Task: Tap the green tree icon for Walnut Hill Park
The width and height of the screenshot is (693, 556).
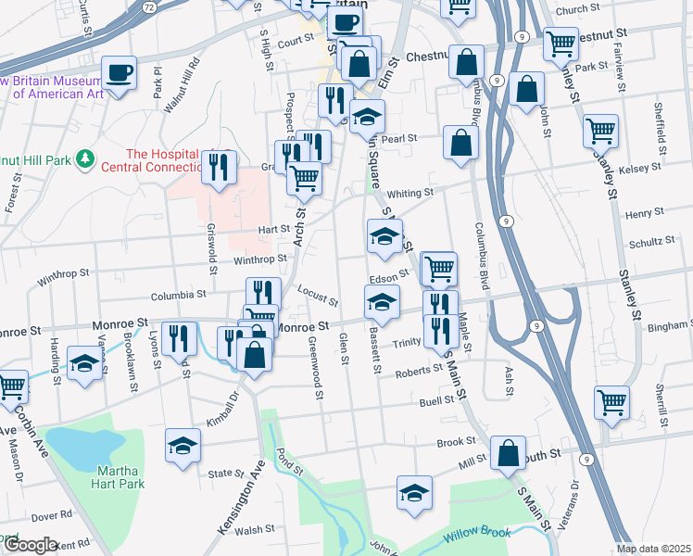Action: [85, 160]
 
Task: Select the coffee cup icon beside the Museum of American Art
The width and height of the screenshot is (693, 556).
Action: [120, 72]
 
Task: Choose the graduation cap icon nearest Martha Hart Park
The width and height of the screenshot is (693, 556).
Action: [183, 445]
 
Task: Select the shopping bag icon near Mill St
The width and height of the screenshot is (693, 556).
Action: [508, 454]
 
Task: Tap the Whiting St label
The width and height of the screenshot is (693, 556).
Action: [409, 193]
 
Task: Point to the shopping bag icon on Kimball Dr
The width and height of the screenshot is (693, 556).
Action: [254, 353]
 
